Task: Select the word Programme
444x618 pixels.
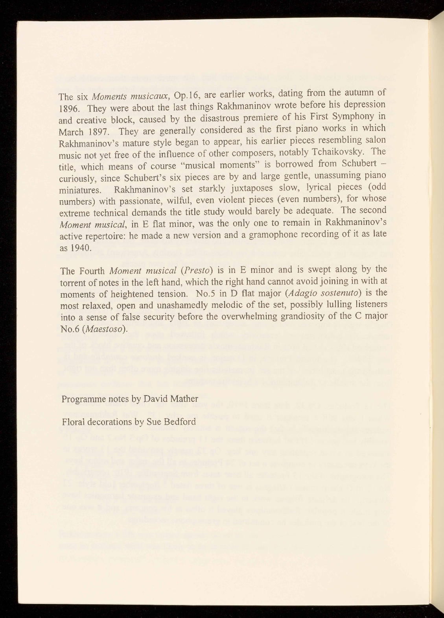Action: click(82, 399)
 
